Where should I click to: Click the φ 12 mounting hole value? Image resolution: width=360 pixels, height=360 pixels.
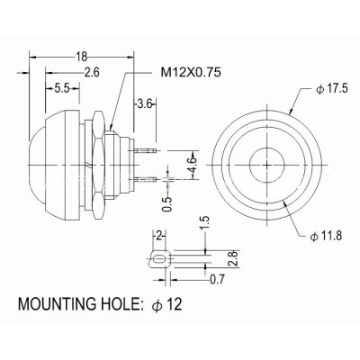click(169, 306)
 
